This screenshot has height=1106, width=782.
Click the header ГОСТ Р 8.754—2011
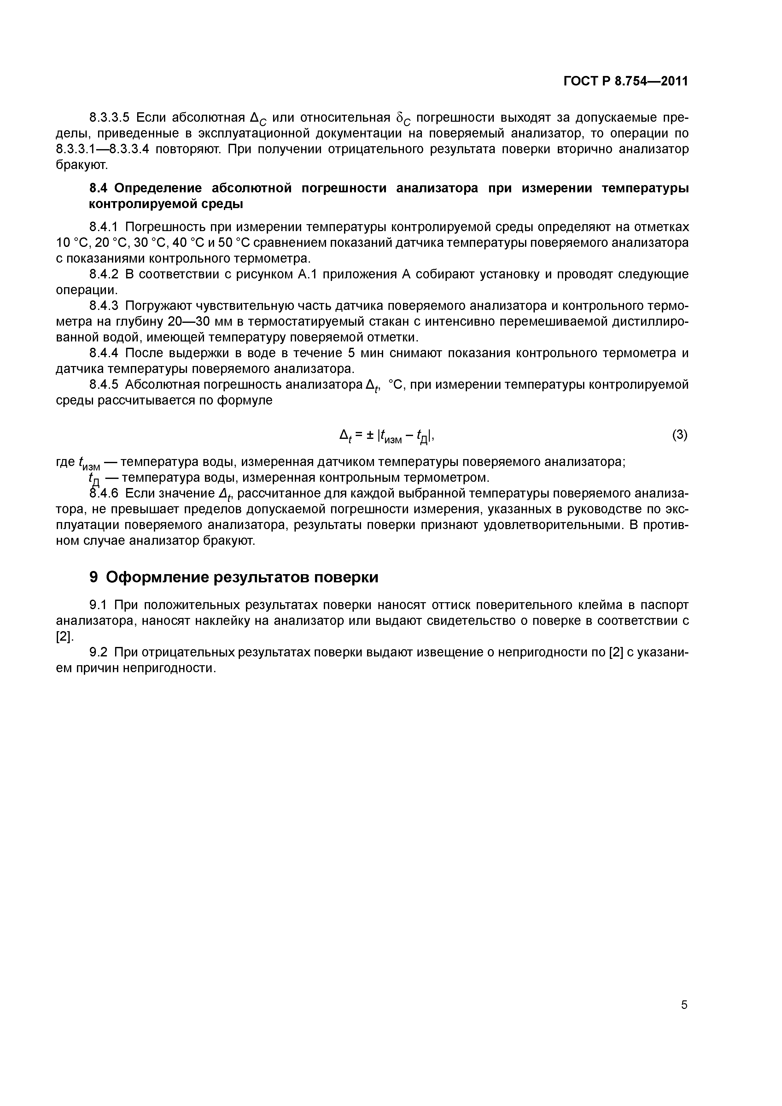[625, 81]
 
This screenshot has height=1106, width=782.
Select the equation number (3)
[680, 435]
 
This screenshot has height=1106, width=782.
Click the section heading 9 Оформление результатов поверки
[234, 577]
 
